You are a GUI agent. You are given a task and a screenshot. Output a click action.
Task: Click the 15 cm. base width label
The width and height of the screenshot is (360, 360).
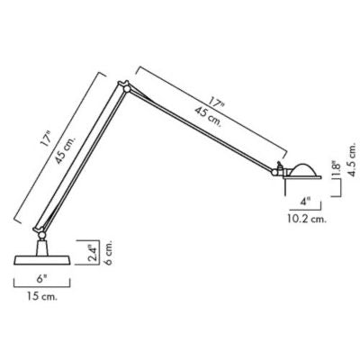coord(41,296)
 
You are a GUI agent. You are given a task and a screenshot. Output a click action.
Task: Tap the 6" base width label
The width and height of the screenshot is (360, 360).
coord(42,279)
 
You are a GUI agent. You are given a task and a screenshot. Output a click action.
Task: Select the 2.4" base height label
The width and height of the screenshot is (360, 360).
coord(94,253)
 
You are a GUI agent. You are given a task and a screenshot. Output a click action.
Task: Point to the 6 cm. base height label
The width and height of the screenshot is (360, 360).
coord(108,252)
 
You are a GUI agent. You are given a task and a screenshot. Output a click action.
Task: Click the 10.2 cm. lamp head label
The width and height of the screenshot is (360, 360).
coord(306,219)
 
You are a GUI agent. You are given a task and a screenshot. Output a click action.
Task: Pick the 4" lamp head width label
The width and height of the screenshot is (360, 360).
coord(305,202)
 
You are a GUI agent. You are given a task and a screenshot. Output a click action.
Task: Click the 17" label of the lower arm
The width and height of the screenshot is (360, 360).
coord(46,139)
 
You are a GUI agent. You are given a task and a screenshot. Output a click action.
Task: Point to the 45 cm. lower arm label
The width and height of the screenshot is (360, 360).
coord(66,149)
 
